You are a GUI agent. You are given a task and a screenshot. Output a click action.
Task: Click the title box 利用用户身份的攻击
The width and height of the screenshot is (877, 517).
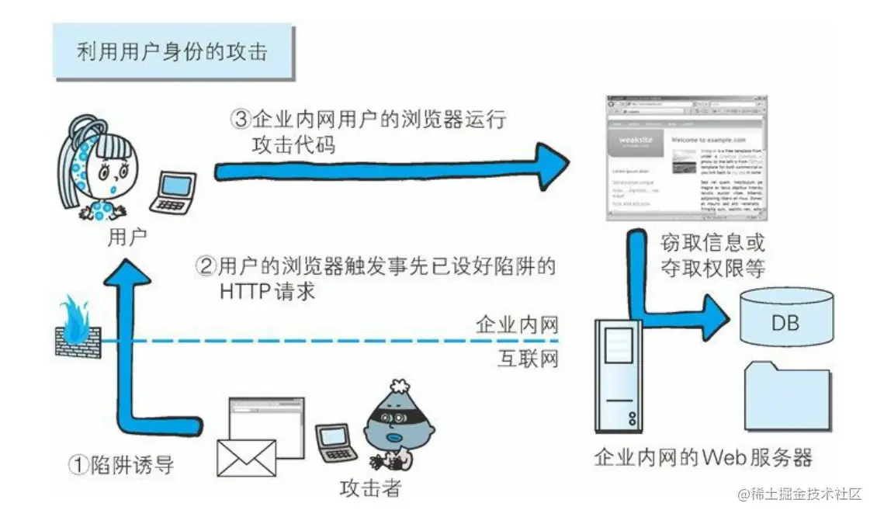click(x=172, y=51)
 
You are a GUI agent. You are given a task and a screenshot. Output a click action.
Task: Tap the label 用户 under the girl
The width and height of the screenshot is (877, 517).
click(x=127, y=234)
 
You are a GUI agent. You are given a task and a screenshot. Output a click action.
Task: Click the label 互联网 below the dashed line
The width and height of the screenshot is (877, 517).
click(x=528, y=359)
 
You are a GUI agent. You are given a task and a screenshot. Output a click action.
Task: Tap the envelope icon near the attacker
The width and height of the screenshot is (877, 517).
click(x=246, y=457)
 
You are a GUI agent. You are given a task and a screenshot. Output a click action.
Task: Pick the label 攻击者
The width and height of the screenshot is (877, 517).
click(x=371, y=489)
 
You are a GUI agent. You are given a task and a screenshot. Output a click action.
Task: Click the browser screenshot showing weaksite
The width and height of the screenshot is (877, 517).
click(x=685, y=156)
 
